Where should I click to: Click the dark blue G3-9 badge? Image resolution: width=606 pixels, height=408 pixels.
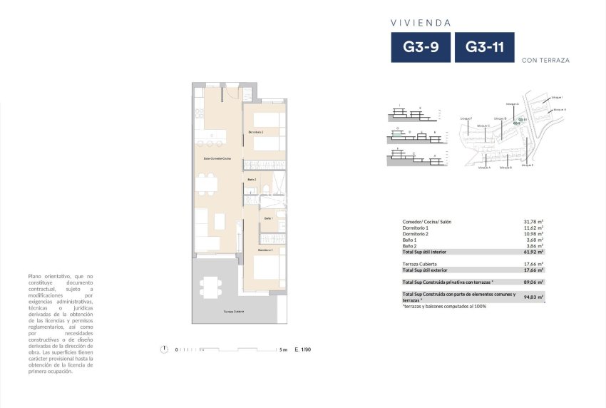[421, 48]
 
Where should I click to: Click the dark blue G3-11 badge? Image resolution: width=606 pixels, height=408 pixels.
[485, 48]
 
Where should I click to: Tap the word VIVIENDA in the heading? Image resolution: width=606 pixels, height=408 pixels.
[420, 23]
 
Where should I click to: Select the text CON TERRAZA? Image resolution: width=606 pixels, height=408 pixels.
[545, 61]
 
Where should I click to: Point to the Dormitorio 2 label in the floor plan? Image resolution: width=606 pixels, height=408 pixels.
[256, 133]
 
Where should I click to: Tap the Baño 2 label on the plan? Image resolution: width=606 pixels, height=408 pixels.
[252, 179]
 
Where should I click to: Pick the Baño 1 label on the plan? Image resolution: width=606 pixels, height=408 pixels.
[268, 218]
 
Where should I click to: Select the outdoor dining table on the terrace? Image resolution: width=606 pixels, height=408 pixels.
[210, 287]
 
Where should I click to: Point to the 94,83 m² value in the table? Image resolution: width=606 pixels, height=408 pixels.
[534, 297]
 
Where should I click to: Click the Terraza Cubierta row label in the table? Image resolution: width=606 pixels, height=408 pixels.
[420, 264]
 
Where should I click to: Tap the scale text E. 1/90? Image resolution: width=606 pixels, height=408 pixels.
[302, 350]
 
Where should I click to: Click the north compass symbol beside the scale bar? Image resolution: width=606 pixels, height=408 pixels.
[165, 349]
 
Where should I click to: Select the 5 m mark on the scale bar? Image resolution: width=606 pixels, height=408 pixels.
[283, 350]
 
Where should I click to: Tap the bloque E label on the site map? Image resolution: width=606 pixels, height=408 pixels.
[528, 165]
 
